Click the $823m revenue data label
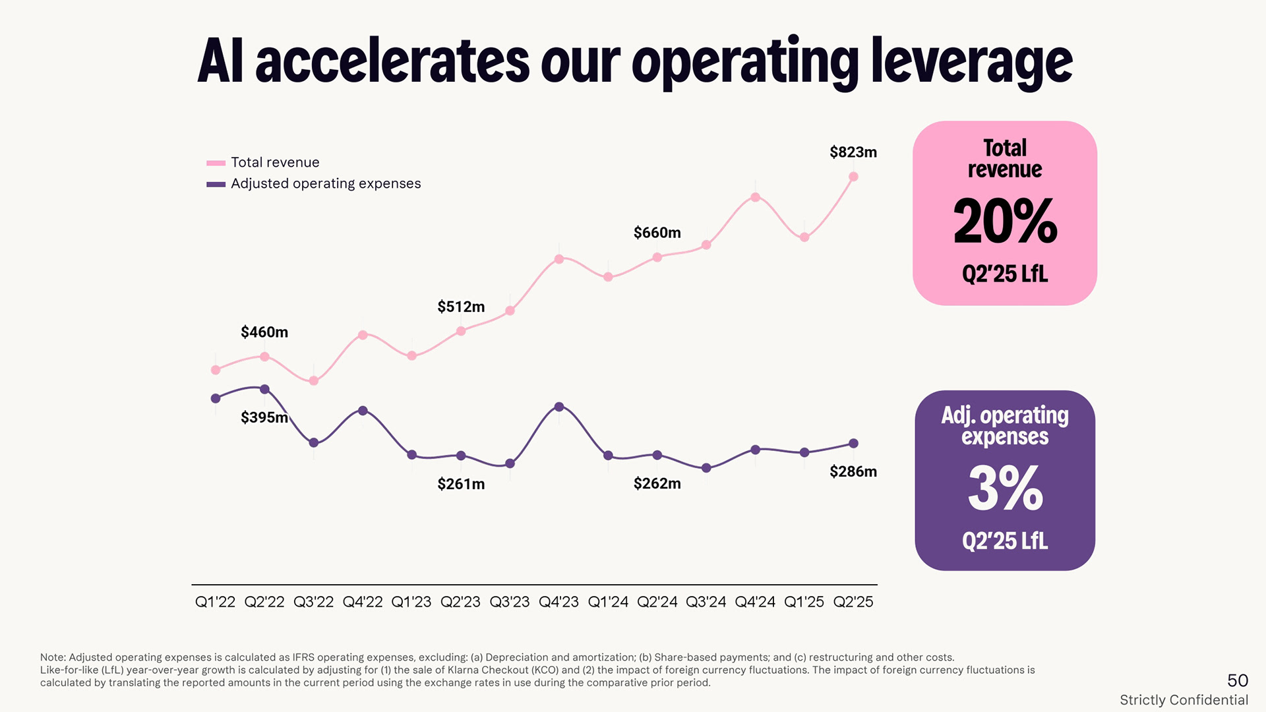pos(853,152)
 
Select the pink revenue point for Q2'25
pos(853,177)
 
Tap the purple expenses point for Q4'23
pos(559,407)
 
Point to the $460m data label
pos(264,332)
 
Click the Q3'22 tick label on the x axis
pos(313,602)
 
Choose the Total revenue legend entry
pos(275,163)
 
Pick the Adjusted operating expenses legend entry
pos(325,184)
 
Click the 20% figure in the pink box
pos(1005,222)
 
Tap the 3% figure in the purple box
pos(1005,489)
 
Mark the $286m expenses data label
pos(853,471)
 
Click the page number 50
pos(1237,680)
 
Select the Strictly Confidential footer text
pos(1184,700)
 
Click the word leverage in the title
pos(971,63)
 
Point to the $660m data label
pos(657,233)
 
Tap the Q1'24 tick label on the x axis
pos(608,602)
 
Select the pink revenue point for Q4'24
pos(755,197)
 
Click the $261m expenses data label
pos(461,485)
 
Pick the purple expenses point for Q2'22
pos(264,389)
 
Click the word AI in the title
pos(220,63)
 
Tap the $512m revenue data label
pos(461,307)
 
